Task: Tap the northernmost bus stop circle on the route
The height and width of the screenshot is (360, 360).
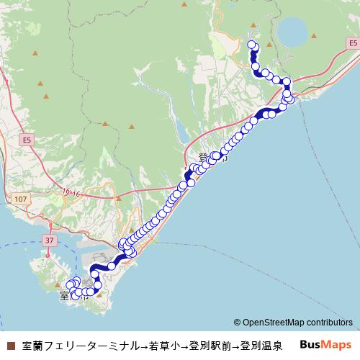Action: (x=252, y=45)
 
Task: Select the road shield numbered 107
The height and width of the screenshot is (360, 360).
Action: (x=19, y=198)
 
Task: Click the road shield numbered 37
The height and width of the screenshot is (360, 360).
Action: (x=49, y=239)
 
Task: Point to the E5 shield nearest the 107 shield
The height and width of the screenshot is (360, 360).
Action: (x=27, y=139)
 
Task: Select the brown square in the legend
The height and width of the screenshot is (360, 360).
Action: (x=9, y=346)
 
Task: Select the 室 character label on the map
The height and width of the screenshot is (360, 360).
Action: (x=65, y=296)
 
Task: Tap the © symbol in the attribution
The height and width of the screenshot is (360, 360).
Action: (x=237, y=323)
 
